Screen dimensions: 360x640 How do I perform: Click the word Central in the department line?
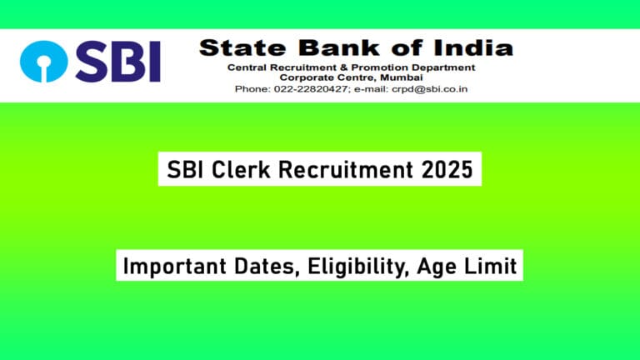259,67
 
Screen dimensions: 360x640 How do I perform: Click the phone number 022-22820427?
312,88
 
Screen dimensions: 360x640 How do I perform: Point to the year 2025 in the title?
446,171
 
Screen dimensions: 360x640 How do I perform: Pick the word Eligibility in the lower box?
353,267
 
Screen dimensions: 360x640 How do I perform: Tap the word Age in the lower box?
442,267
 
